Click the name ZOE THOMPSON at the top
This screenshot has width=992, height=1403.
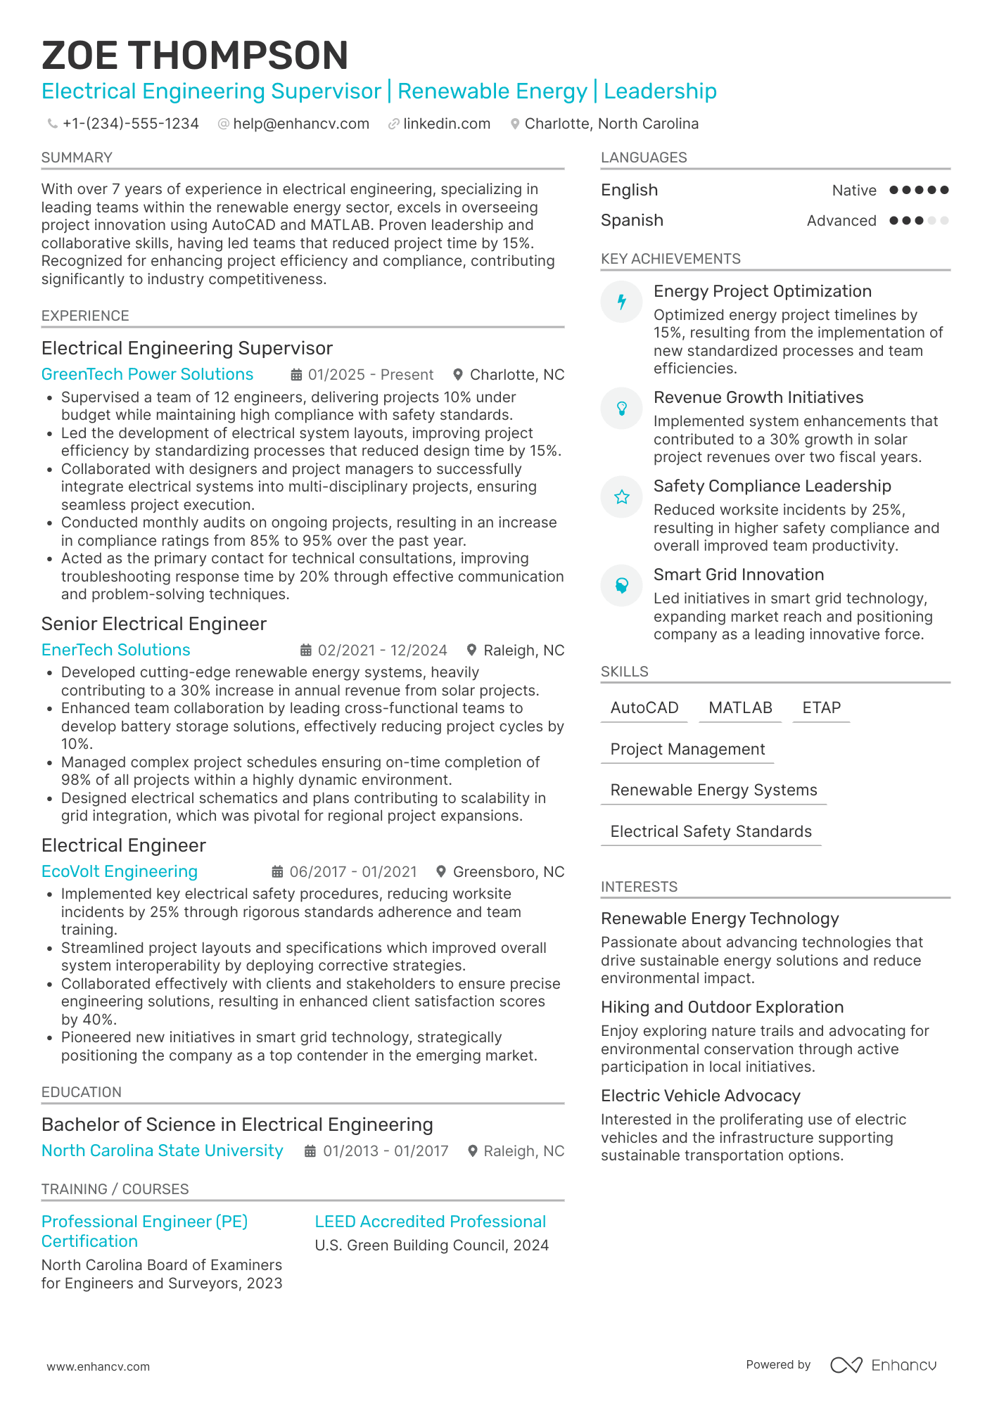(x=195, y=56)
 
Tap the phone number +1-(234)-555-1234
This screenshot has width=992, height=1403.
(x=130, y=124)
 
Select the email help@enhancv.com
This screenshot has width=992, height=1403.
(x=300, y=124)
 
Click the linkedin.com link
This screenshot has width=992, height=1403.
(x=446, y=124)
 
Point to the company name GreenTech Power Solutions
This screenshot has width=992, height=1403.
(x=147, y=374)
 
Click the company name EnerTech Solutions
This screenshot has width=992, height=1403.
(x=115, y=650)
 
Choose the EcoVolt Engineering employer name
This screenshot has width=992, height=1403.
(x=119, y=871)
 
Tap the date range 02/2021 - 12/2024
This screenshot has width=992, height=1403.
(x=382, y=651)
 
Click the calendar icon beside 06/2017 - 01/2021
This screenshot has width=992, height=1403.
(x=278, y=872)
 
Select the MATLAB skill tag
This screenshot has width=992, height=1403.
(x=740, y=707)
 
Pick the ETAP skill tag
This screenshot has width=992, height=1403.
(x=821, y=707)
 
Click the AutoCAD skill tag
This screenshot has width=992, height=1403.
(x=644, y=707)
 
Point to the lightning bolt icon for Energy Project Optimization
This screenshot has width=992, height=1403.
(x=622, y=302)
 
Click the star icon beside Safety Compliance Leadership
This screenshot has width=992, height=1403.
(x=622, y=497)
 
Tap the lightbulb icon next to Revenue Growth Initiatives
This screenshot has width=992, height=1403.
(x=622, y=408)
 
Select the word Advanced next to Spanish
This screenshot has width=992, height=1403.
(x=841, y=221)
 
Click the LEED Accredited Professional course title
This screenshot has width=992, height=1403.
(x=430, y=1222)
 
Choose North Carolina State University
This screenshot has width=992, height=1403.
(x=162, y=1151)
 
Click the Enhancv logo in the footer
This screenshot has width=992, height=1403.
(x=883, y=1365)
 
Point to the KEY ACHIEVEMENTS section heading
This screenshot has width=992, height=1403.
(x=670, y=259)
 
